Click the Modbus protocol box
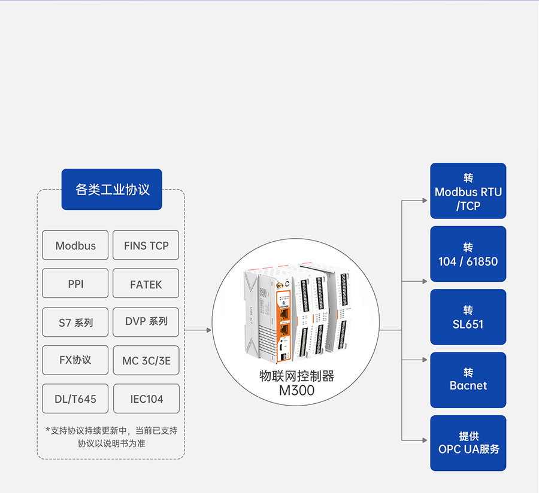[x=75, y=245]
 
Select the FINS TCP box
[x=146, y=245]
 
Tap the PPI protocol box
[x=75, y=284]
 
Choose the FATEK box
[x=146, y=284]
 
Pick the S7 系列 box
[x=75, y=322]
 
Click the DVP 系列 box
[x=146, y=321]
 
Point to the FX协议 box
[x=75, y=360]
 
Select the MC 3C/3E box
[x=146, y=360]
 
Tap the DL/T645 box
[x=75, y=398]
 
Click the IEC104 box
[x=146, y=398]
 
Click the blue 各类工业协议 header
[x=112, y=190]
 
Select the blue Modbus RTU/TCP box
[x=468, y=191]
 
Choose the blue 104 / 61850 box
[x=468, y=254]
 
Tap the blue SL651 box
[x=468, y=317]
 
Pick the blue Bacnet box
[x=468, y=380]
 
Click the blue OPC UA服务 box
[x=468, y=443]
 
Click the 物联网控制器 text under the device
[x=296, y=376]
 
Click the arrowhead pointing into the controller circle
[x=209, y=330]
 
